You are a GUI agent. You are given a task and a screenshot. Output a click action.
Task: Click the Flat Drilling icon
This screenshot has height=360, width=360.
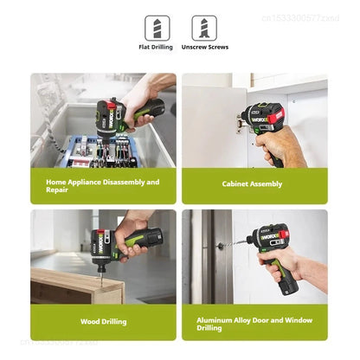[157, 27]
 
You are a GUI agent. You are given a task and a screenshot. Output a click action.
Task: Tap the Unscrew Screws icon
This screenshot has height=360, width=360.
[204, 27]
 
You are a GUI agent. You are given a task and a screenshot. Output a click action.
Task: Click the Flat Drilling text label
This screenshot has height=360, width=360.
[157, 48]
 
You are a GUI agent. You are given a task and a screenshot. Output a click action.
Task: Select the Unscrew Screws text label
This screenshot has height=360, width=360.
[204, 48]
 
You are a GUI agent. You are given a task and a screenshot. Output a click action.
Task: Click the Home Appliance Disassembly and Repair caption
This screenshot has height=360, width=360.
[103, 185]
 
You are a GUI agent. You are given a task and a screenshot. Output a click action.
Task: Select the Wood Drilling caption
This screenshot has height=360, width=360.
[103, 322]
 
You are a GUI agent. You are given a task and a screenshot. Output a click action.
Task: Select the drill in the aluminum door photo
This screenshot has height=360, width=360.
[272, 243]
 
